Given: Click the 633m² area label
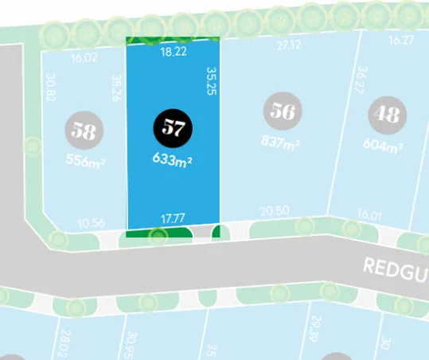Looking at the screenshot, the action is coord(174,159).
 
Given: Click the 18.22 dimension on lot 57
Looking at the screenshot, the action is coord(173,51).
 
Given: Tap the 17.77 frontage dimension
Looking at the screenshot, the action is coord(173,217).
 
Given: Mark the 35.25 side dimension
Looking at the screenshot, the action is coord(212,81).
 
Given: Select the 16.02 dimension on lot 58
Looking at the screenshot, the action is coord(83,58).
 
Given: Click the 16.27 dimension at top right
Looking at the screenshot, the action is coord(401,39).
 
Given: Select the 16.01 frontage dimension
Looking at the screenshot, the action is coord(370,214).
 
